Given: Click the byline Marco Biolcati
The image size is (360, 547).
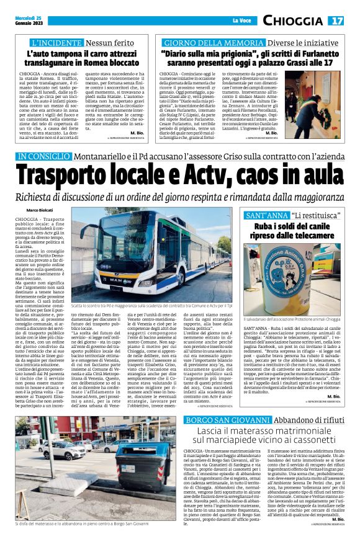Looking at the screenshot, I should [x=40, y=211].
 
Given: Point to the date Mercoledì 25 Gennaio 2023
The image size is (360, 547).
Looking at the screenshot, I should [x=25, y=21].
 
